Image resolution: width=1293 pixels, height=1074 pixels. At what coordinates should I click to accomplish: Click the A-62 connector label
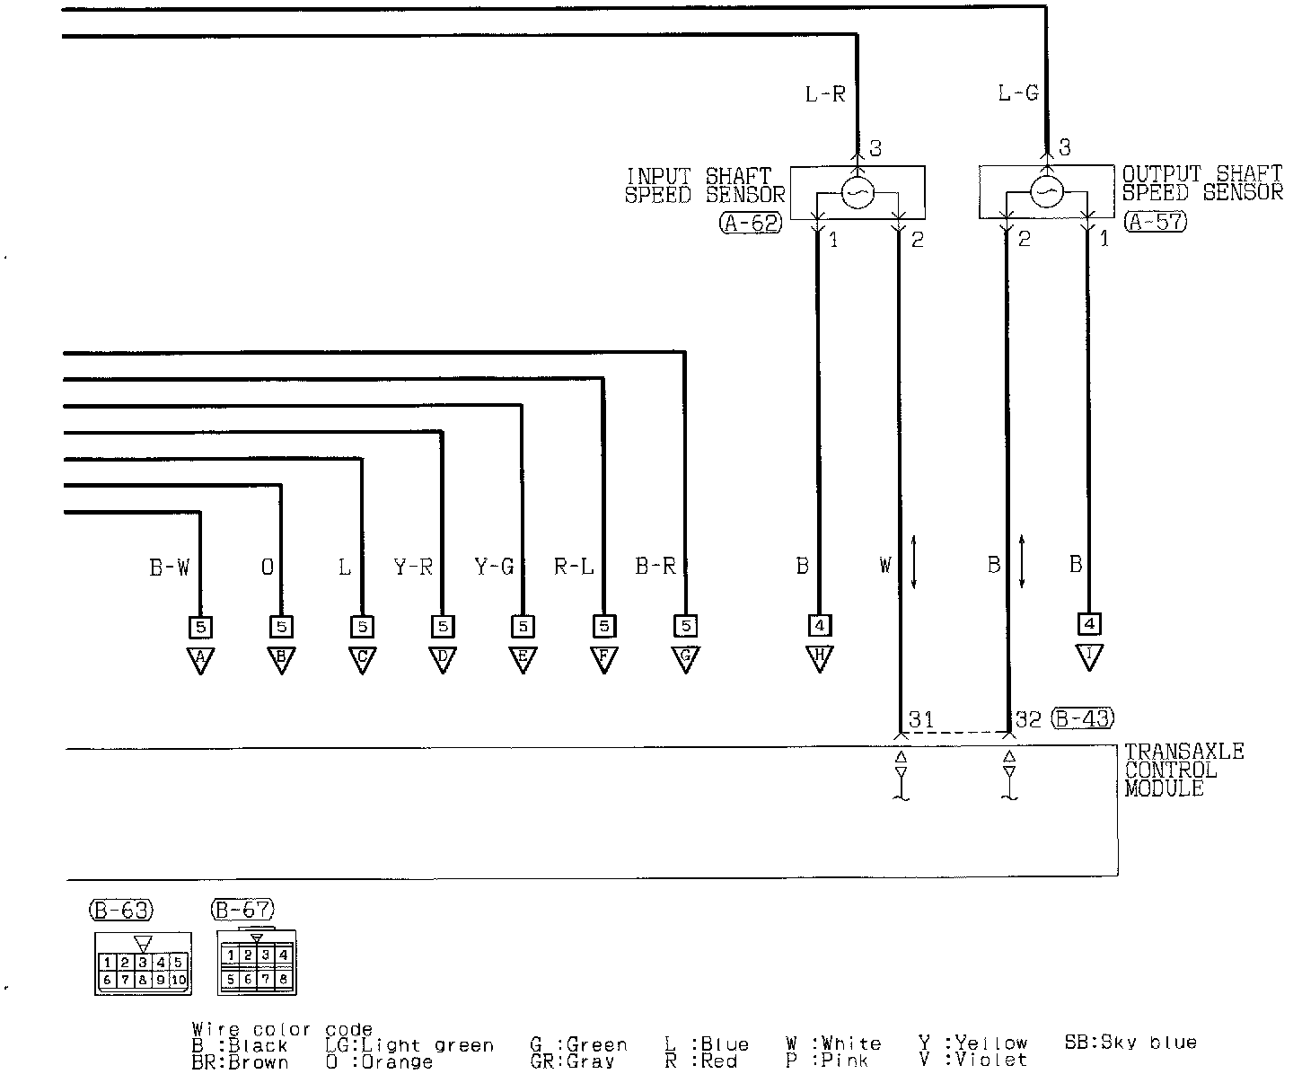751,224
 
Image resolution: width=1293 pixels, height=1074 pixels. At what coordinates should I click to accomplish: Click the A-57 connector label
1156,222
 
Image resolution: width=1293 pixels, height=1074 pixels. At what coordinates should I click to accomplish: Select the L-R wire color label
825,93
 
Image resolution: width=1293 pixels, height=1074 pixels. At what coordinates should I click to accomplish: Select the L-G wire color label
1018,93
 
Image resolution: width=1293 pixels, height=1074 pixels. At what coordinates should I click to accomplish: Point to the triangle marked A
200,660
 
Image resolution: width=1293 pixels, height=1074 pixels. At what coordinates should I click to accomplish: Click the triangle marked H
819,659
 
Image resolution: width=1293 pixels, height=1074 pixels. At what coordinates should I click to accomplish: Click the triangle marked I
1089,658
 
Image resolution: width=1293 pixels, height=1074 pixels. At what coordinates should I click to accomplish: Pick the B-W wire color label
169,567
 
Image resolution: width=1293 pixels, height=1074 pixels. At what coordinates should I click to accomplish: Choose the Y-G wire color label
494,567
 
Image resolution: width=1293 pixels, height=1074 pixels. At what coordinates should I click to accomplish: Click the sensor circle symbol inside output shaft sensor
1046,191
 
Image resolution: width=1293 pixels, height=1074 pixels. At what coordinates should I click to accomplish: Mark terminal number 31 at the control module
921,718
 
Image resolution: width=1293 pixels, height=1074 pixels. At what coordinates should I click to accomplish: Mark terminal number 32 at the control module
1027,718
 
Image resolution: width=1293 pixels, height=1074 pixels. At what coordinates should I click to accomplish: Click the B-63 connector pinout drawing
142,964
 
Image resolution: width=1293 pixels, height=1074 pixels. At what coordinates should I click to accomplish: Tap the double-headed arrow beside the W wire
913,562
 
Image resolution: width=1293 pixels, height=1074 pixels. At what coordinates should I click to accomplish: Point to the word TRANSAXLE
1183,752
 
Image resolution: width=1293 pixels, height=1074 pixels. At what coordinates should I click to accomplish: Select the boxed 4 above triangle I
1089,623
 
